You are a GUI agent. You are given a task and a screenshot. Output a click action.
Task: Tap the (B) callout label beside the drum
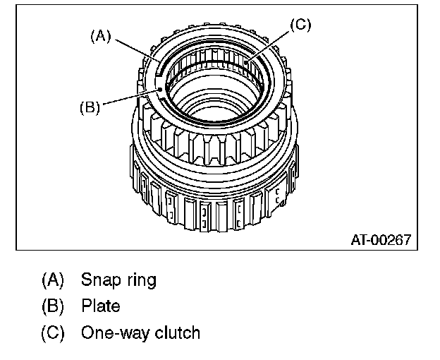[x=90, y=107]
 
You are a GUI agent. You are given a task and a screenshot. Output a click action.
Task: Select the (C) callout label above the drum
[x=300, y=25]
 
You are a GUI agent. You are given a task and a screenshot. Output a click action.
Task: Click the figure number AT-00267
[x=380, y=239]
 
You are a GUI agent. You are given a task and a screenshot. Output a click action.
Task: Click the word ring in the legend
[x=139, y=280]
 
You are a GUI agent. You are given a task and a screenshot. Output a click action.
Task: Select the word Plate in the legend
[x=101, y=306]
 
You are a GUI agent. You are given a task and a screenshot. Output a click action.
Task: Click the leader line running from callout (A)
[x=134, y=52]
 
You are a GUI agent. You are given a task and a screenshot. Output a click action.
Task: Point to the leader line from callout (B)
[x=130, y=98]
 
